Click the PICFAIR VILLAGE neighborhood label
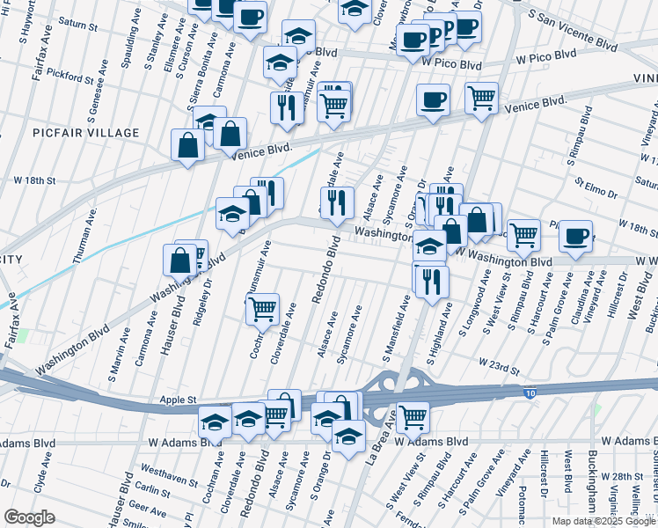86,133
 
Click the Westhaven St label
168,475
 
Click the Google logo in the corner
29,517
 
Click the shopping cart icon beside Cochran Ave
262,309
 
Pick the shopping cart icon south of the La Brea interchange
412,416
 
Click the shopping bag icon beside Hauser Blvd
179,260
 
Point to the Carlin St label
153,491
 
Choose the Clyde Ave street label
39,484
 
